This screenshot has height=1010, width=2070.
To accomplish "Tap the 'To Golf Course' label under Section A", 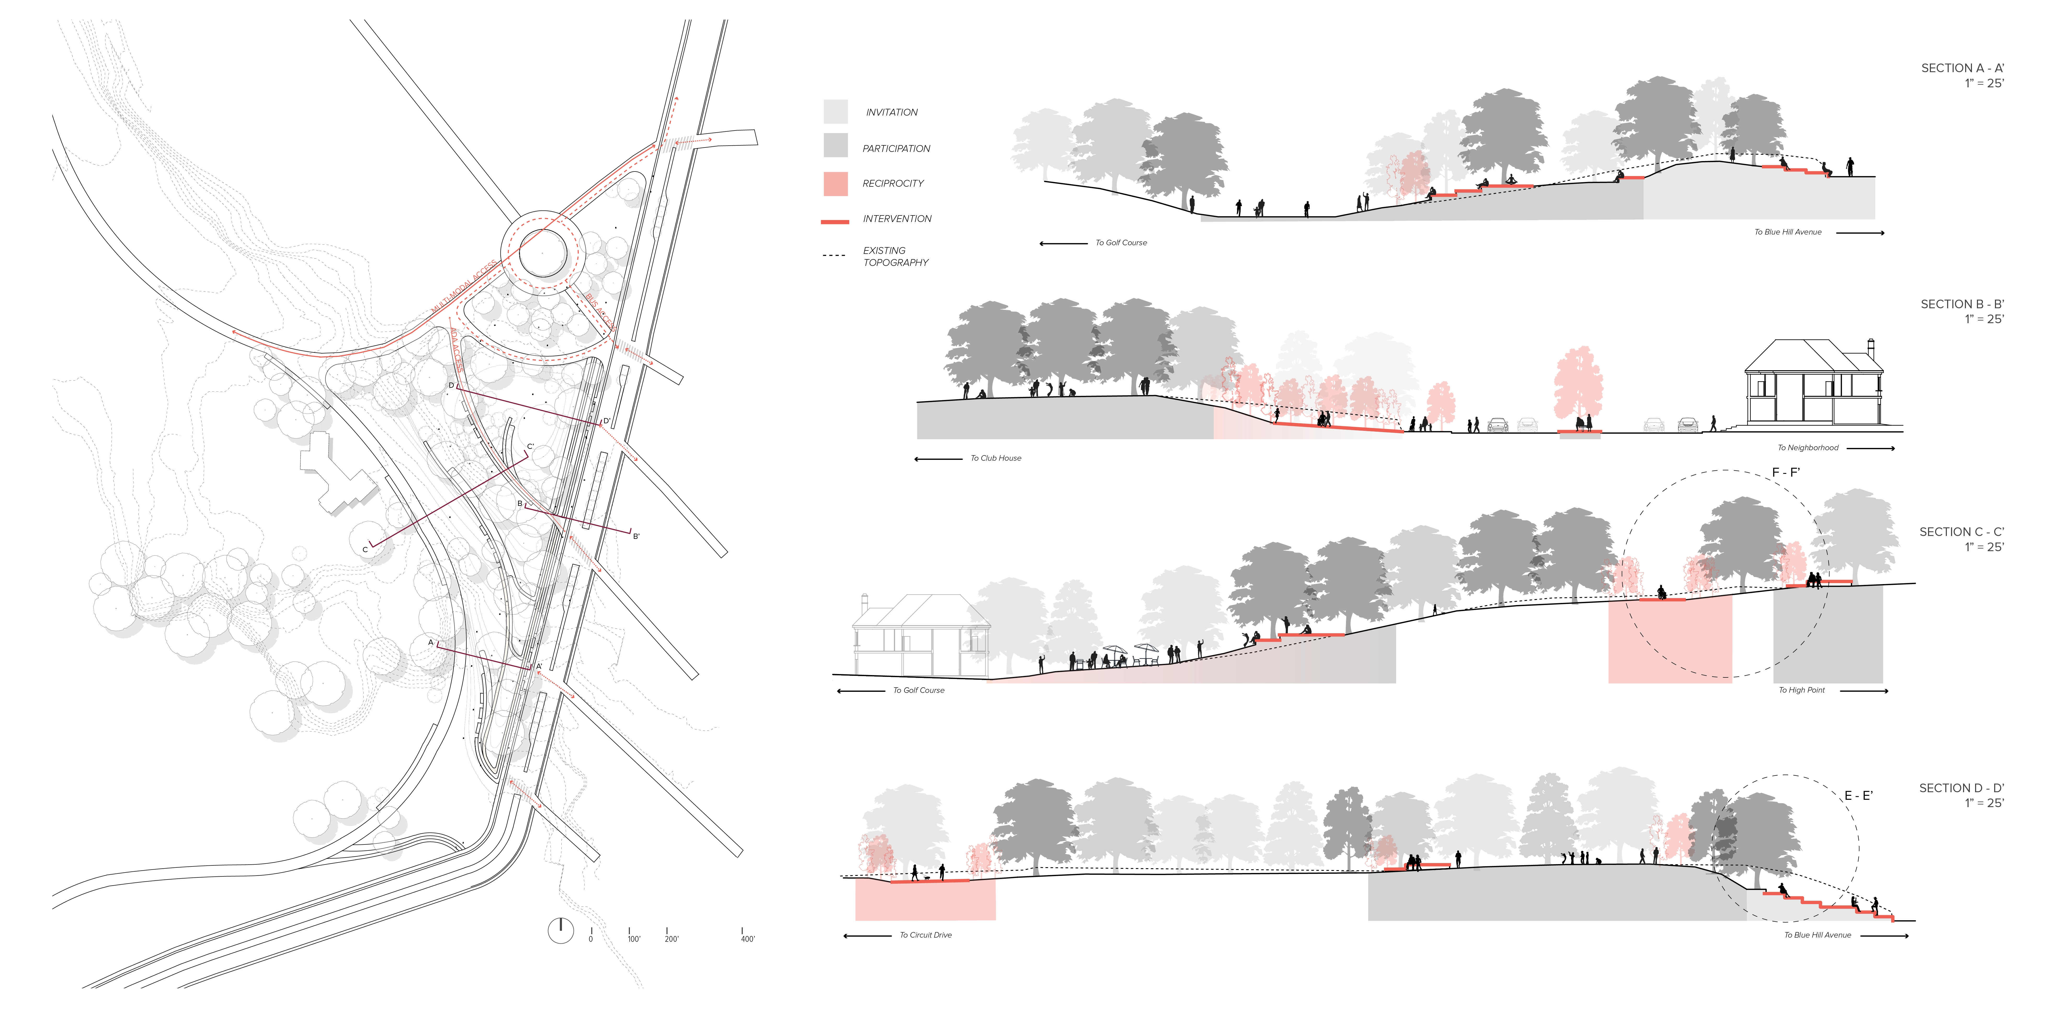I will pos(1121,243).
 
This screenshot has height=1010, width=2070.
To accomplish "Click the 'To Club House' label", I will pos(996,458).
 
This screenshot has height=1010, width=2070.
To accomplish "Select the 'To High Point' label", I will pos(1801,690).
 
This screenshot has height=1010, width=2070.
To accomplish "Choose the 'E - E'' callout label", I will pos(1858,795).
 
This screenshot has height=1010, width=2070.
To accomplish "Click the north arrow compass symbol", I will pos(560,931).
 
